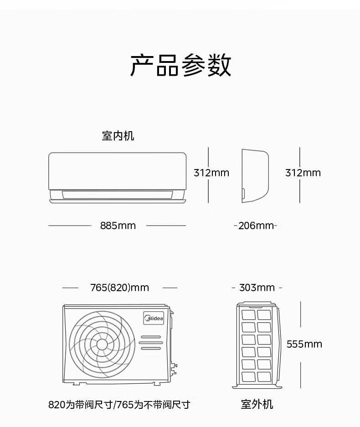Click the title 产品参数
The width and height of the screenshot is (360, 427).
181,66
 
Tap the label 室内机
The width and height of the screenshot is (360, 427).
118,136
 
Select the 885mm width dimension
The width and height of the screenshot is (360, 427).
118,226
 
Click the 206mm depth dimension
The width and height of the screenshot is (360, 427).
256,226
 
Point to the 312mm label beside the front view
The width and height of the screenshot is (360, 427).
211,173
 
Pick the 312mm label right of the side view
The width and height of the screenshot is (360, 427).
303,173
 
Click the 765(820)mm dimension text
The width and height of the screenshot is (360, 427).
119,288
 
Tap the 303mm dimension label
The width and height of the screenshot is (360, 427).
257,288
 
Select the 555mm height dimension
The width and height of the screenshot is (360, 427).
304,344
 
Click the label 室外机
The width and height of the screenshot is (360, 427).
257,404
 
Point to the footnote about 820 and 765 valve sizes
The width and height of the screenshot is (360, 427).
119,405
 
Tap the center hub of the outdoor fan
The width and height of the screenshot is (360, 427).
102,344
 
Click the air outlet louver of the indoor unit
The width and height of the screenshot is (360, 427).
117,195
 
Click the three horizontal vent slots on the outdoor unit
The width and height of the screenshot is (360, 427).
150,343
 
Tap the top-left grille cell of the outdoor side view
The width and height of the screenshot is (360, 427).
249,314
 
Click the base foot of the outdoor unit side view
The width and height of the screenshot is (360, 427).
257,386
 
